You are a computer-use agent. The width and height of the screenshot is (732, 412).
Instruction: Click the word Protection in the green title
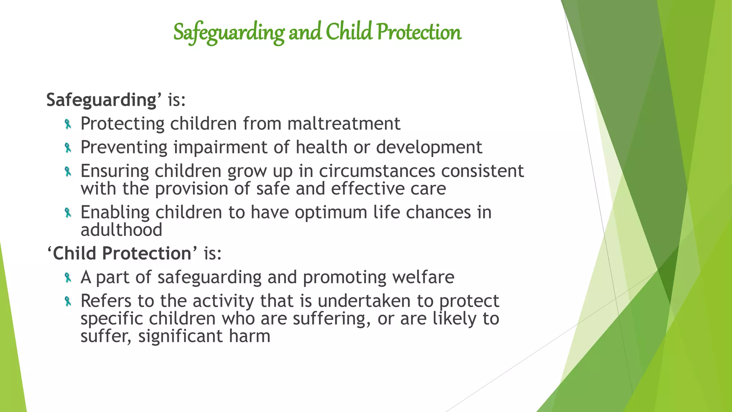pyautogui.click(x=419, y=32)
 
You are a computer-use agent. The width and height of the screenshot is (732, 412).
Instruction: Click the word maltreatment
pyautogui.click(x=343, y=124)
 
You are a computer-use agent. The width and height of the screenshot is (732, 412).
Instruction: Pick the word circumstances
pyautogui.click(x=377, y=171)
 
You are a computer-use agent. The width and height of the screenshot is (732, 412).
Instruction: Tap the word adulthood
pyautogui.click(x=122, y=230)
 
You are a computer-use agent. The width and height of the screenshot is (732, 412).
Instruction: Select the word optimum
pyautogui.click(x=331, y=212)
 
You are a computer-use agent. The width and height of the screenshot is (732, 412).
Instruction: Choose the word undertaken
pyautogui.click(x=364, y=301)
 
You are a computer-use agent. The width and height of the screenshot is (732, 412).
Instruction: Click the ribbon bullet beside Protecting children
pyautogui.click(x=68, y=124)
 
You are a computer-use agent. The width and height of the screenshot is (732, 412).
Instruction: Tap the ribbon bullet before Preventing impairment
pyautogui.click(x=68, y=148)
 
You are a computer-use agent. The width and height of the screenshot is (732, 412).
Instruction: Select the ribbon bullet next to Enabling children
pyautogui.click(x=68, y=213)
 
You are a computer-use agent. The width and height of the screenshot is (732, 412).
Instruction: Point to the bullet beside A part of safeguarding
pyautogui.click(x=68, y=278)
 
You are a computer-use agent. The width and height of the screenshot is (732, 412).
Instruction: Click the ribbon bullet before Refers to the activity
pyautogui.click(x=68, y=301)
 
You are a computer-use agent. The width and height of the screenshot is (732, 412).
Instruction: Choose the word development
pyautogui.click(x=429, y=147)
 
